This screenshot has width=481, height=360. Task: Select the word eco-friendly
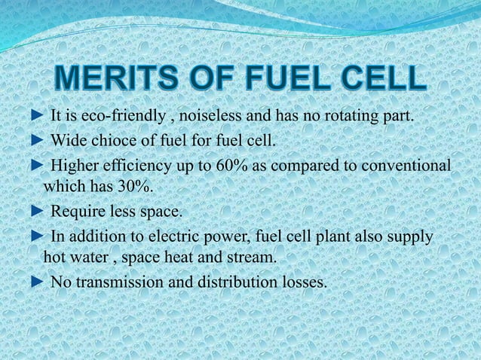(x=122, y=118)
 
